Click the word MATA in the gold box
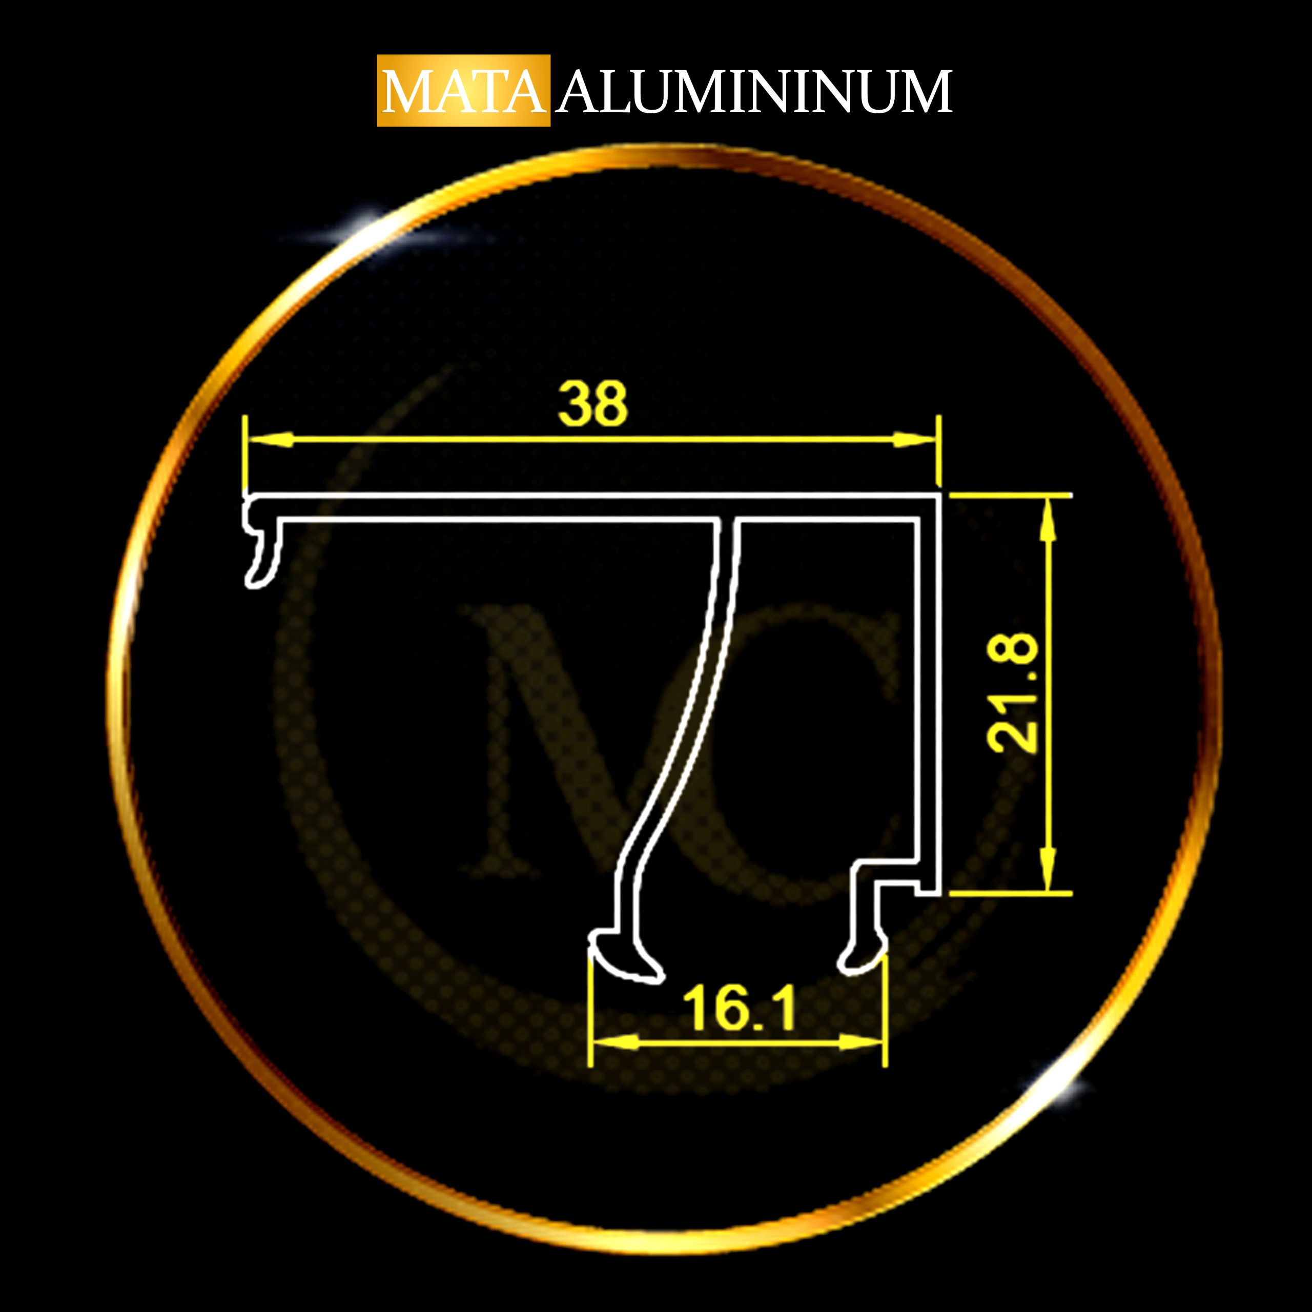point(464,91)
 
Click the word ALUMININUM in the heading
point(754,91)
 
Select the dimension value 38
point(593,403)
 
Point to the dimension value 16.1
point(740,1009)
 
